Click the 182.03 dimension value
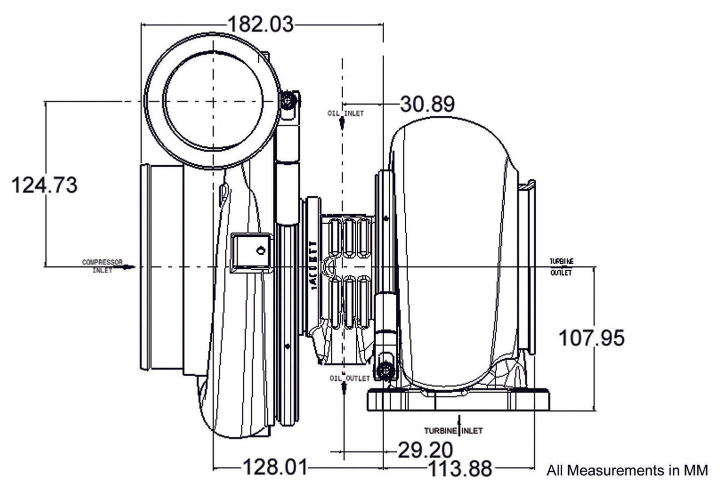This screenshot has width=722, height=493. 260,23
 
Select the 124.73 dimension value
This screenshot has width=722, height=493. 44,185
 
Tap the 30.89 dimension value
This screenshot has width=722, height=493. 427,104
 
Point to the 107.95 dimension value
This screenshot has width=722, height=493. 591,338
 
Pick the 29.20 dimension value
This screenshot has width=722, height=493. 425,450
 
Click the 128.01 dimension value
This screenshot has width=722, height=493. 274,468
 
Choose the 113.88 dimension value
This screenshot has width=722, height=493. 460,469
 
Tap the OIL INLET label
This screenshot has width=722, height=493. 346,113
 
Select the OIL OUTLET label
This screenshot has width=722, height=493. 350,378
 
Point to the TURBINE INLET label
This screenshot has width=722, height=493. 453,430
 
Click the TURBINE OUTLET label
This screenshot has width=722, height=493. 562,267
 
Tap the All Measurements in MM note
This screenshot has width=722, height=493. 627,471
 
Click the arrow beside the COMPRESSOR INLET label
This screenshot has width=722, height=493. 128,267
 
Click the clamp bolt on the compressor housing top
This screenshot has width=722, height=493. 288,101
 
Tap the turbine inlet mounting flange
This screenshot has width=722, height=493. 458,401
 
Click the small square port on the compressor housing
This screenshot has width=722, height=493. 252,252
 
